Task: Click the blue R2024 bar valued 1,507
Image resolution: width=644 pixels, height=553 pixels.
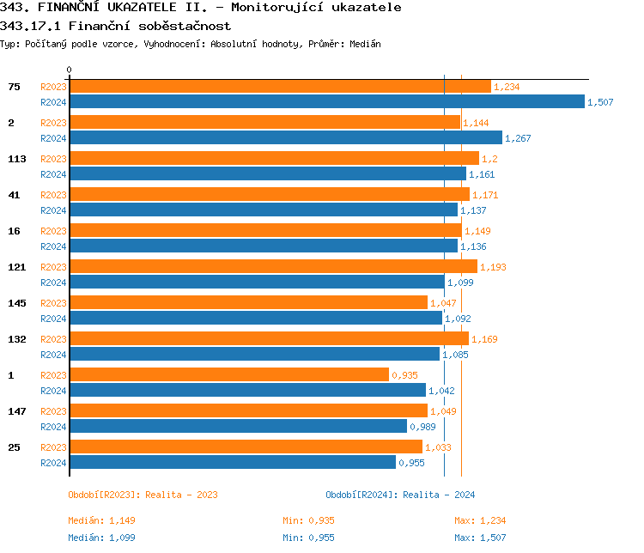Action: pos(326,102)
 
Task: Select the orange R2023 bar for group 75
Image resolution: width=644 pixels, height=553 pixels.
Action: pos(280,87)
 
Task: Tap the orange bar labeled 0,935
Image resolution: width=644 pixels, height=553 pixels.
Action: pos(228,375)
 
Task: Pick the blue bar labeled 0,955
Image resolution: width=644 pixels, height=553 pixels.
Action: pos(232,463)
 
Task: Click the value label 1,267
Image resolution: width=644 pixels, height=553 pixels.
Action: pos(518,138)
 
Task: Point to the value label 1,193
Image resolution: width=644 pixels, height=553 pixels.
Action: pos(493,267)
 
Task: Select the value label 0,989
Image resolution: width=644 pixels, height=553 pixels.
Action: pos(422,427)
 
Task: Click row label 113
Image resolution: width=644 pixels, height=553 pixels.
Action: pos(16,159)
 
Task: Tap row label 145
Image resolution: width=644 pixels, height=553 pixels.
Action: pos(16,303)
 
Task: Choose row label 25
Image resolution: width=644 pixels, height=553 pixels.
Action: pos(14,447)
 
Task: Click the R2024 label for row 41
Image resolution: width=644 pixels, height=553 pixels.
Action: pos(53,210)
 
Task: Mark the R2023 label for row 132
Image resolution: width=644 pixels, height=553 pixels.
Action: pos(53,339)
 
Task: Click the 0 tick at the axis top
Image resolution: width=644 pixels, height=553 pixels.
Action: pos(70,70)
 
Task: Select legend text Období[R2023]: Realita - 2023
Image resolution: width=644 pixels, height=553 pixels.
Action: pos(143,495)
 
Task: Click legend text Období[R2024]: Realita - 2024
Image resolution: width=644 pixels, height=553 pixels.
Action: pos(400,495)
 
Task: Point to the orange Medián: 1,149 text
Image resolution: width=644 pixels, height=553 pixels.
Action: pos(101,520)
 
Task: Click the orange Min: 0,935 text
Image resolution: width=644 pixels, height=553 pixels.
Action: pos(308,520)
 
